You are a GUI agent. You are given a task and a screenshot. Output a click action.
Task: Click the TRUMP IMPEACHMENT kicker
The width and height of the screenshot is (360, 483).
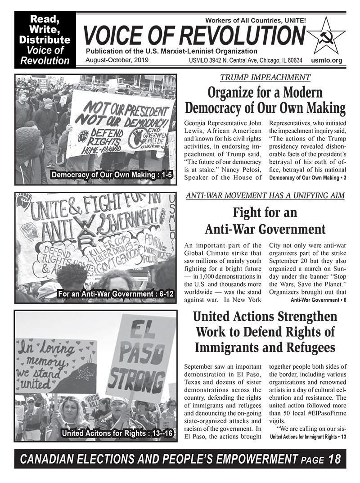[x=265, y=77]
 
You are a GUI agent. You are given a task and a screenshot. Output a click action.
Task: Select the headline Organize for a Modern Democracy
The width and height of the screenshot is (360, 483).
[x=265, y=101]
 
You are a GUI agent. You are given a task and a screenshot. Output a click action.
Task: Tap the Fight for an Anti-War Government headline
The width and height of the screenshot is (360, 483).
[x=265, y=220]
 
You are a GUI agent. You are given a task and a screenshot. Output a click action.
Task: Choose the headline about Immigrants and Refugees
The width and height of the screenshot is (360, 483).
[x=265, y=332]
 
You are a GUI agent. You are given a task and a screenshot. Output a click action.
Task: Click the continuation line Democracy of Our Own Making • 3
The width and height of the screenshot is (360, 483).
[x=307, y=178]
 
